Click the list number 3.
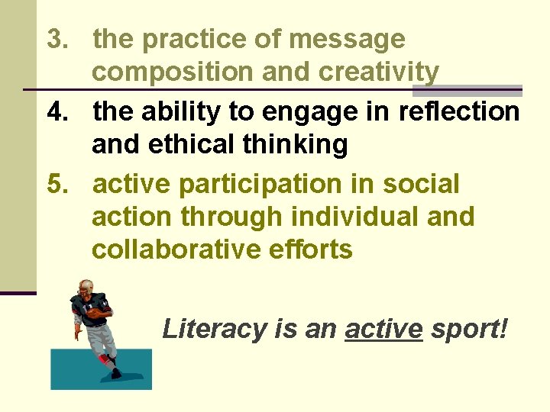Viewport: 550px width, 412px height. (x=57, y=40)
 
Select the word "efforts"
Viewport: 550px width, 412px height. (x=313, y=250)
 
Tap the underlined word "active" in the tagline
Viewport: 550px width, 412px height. (x=383, y=330)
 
